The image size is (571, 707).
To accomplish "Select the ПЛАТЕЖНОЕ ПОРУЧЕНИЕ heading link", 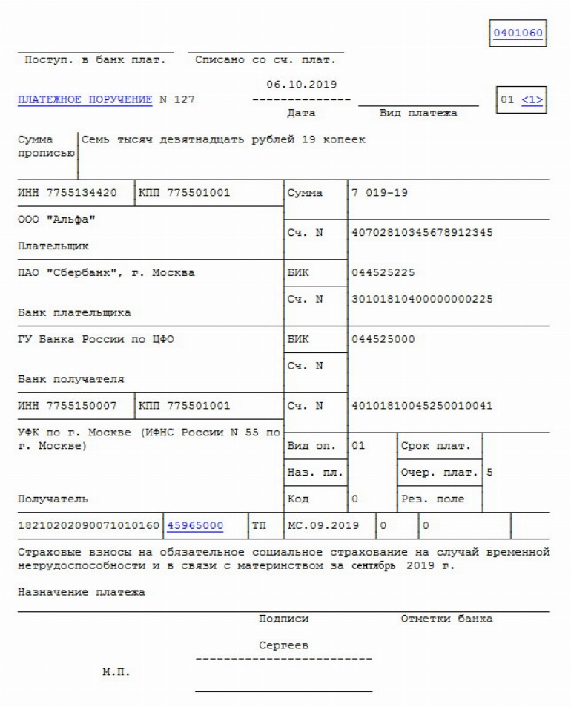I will coord(85,100).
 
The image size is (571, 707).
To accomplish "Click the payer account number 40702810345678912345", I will coord(423,233).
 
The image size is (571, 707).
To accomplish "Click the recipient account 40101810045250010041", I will coord(423,406).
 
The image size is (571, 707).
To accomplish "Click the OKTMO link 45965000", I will coord(195,525).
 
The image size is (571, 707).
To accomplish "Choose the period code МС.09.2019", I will coord(323,525).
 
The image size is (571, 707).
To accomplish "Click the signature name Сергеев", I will coord(283,646).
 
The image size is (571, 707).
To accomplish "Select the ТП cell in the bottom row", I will coord(260,525).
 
